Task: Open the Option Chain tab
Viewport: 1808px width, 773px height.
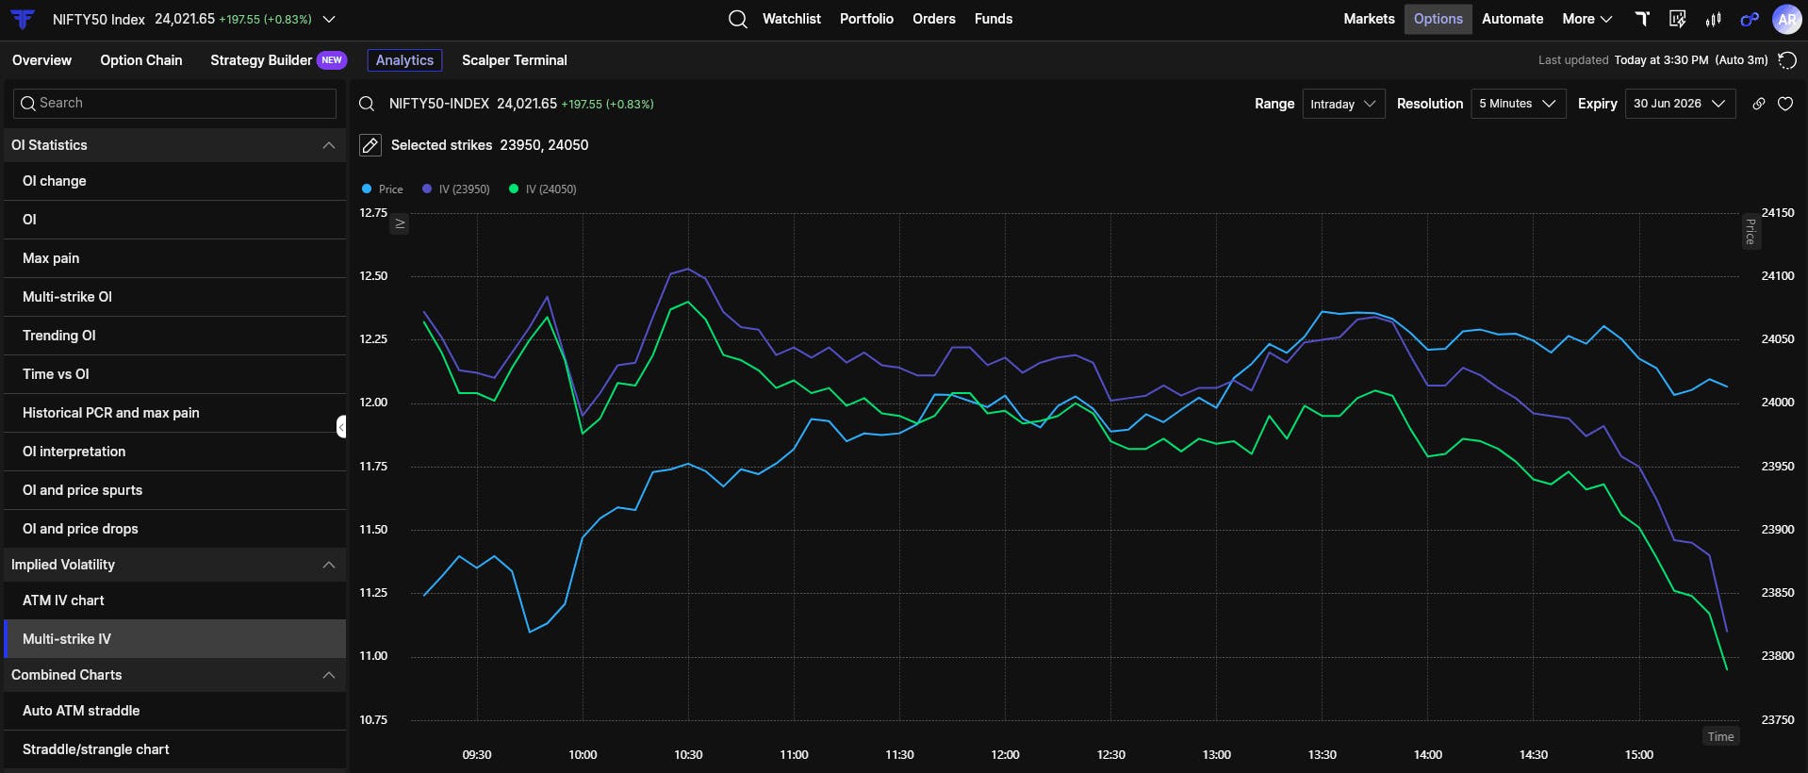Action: pos(141,60)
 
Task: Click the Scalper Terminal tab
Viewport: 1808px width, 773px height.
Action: pos(515,60)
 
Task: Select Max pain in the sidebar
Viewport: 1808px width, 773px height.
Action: pos(51,258)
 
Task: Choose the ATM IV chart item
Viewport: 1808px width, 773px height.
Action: pos(63,600)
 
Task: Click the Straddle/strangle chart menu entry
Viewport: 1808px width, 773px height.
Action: pos(96,749)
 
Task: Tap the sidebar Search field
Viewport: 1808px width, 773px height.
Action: pos(175,104)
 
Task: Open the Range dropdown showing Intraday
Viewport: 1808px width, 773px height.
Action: pos(1343,104)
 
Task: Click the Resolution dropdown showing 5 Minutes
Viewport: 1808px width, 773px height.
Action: pos(1518,104)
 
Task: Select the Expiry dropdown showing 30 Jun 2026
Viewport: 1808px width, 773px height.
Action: pos(1680,104)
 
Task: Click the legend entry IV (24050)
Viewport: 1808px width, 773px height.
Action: pos(543,189)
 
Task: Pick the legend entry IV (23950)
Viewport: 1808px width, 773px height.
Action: pos(456,189)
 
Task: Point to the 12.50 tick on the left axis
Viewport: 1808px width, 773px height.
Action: pos(373,276)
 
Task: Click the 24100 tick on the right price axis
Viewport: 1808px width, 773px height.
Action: pos(1778,276)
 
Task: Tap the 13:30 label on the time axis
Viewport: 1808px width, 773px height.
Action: pos(1323,755)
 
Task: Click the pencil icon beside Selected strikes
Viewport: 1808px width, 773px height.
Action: pos(370,145)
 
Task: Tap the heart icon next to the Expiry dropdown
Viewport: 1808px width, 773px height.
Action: pos(1785,104)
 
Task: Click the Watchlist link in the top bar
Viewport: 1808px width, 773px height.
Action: pos(792,19)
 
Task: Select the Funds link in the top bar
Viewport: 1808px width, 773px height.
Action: pos(994,19)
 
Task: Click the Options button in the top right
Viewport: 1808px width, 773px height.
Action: pos(1438,19)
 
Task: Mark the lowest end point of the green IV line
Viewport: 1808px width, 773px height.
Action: pos(1727,670)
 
